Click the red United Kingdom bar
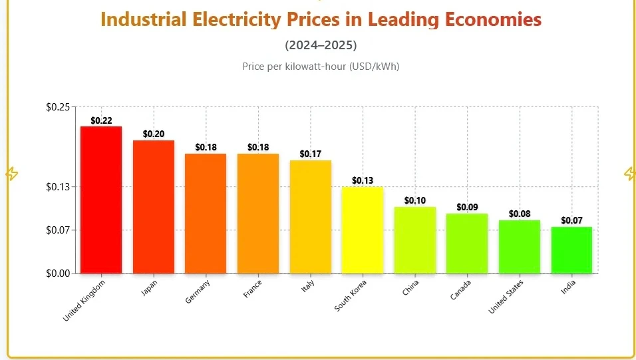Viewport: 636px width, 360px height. coord(101,200)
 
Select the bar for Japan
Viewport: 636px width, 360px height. coord(154,206)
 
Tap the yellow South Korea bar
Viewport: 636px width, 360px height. coord(363,230)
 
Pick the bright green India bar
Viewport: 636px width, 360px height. coord(571,250)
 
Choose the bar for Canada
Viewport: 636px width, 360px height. coord(467,243)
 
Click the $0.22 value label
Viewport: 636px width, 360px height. coord(101,120)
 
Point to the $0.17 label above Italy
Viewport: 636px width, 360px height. coord(310,154)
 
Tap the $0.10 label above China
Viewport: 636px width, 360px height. coord(415,201)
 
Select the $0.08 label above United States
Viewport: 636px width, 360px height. coord(520,214)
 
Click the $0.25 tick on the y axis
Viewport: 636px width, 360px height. coord(58,106)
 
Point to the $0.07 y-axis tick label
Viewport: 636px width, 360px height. coord(58,230)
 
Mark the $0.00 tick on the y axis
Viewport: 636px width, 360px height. coord(58,273)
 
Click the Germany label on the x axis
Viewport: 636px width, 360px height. coord(198,292)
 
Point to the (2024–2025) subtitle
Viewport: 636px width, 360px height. coord(321,45)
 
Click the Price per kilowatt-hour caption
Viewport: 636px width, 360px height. coord(321,66)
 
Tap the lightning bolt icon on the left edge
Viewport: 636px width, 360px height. coord(11,174)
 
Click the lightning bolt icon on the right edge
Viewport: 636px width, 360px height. coord(629,174)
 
